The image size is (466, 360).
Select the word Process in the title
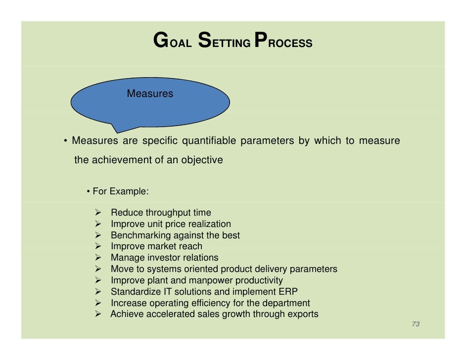point(282,42)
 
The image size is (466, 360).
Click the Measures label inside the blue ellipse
point(150,93)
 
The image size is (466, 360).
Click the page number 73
point(416,324)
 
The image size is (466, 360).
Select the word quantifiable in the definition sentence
point(209,141)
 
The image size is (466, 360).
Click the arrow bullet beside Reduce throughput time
point(98,213)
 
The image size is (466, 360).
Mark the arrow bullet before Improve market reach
point(98,246)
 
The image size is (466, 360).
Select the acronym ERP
point(288,291)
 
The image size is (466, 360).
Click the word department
point(286,303)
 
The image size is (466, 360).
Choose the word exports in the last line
point(303,314)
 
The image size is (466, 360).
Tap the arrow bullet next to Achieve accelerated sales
point(98,315)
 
